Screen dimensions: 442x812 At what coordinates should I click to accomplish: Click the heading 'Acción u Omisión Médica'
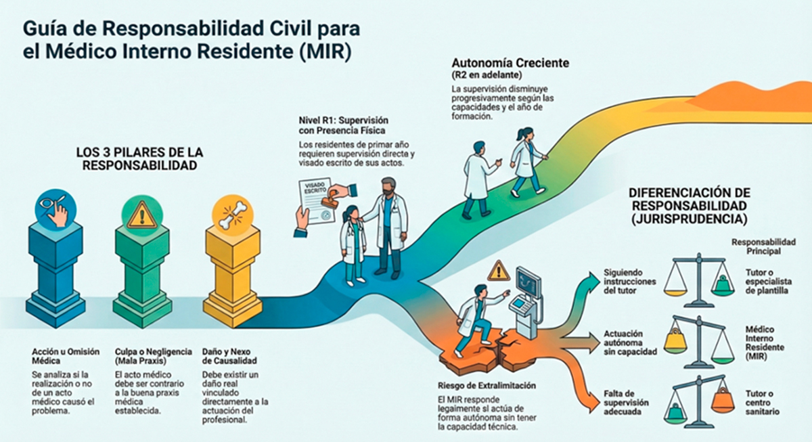pyautogui.click(x=65, y=356)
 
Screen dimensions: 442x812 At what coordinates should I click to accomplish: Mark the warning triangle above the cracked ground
pyautogui.click(x=498, y=270)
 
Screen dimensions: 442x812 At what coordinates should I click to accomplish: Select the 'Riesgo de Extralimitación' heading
pyautogui.click(x=487, y=386)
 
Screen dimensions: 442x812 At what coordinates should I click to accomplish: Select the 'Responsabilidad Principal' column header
pyautogui.click(x=763, y=246)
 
